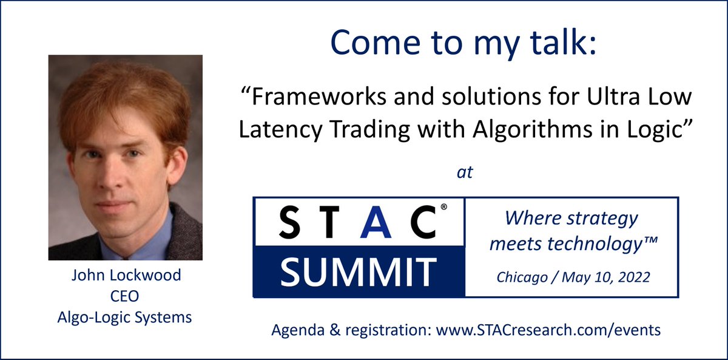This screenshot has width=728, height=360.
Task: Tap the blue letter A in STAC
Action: pyautogui.click(x=372, y=222)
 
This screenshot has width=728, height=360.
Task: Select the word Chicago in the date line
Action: pyautogui.click(x=519, y=277)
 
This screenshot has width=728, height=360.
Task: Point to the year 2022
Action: pyautogui.click(x=634, y=277)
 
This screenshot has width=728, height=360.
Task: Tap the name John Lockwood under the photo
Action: pyautogui.click(x=126, y=275)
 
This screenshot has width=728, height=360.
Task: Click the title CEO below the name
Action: pyautogui.click(x=126, y=296)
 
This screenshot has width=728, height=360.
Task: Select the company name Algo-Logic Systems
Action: pyautogui.click(x=126, y=317)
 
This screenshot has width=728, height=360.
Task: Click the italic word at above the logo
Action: pyautogui.click(x=465, y=172)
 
